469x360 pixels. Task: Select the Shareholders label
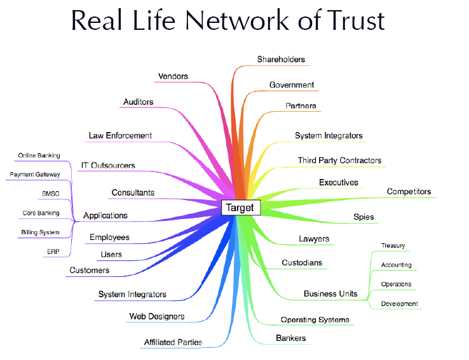point(281,60)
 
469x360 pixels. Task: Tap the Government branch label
point(291,84)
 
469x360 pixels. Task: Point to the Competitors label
point(409,191)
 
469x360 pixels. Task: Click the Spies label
point(364,217)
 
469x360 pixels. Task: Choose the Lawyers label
point(314,239)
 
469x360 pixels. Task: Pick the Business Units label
point(330,294)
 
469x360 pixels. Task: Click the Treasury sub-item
point(393,246)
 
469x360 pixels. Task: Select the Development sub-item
point(399,303)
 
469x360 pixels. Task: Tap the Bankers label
point(290,338)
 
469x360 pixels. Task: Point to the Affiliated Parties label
point(173,342)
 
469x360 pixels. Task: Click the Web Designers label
point(156,316)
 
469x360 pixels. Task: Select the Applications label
point(105,215)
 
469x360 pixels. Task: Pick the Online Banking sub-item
point(39,156)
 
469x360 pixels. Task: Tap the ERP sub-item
point(53,251)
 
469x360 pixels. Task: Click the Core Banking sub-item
point(41,213)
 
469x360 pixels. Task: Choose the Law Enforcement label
point(120,135)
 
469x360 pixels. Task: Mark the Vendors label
point(173,76)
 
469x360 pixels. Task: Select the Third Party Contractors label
point(339,161)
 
